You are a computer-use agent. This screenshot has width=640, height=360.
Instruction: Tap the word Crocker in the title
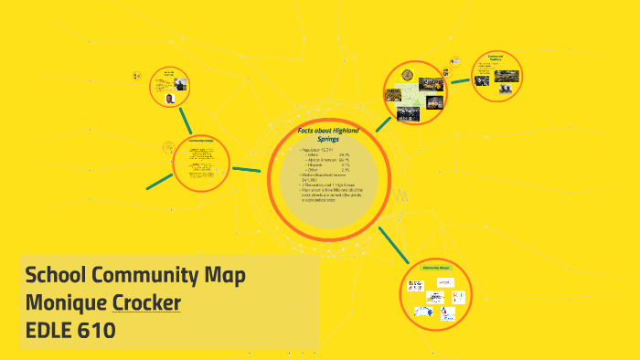click(146, 302)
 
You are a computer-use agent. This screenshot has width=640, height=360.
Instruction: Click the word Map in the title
click(224, 274)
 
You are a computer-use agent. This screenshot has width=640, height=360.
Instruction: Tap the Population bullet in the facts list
click(315, 149)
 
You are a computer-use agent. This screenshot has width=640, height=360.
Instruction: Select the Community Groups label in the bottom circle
click(438, 268)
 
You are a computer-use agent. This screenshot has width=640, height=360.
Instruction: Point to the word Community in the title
click(146, 274)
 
